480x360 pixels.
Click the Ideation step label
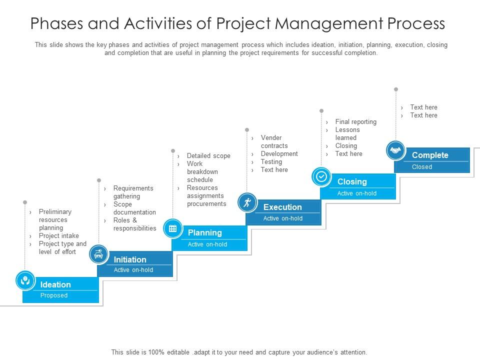(x=55, y=284)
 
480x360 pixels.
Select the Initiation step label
(x=130, y=259)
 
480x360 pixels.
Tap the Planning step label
(x=204, y=232)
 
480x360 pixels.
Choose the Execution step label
(x=282, y=207)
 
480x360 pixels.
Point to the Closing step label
(x=352, y=181)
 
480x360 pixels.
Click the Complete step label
(x=430, y=155)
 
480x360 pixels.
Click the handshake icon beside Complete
(x=396, y=150)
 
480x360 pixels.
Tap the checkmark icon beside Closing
(x=321, y=176)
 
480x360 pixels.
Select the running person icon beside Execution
(x=247, y=202)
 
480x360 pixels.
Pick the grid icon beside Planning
(x=173, y=228)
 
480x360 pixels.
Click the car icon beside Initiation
(x=98, y=254)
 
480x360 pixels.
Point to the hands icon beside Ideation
(x=25, y=280)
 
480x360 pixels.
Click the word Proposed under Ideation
(x=54, y=295)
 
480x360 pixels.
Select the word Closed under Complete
(x=421, y=167)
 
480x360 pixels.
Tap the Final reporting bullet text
(x=355, y=122)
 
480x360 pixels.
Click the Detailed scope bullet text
(x=208, y=156)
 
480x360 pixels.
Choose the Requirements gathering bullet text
(x=133, y=192)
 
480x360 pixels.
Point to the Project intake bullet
(x=58, y=236)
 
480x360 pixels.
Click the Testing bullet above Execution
(x=271, y=162)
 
